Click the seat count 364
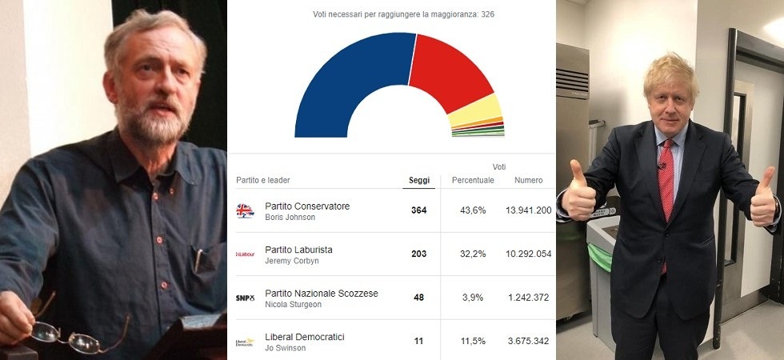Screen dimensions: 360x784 tap(419, 210)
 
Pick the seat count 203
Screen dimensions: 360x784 tap(419, 254)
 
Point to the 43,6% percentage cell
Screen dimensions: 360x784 tap(473, 210)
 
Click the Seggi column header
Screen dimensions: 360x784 tap(419, 180)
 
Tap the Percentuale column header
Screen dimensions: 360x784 tap(473, 180)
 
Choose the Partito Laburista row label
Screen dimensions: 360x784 tap(298, 250)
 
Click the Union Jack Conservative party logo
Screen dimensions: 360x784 tap(245, 211)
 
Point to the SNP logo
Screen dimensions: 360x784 tap(245, 298)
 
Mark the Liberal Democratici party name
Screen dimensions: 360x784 tap(304, 337)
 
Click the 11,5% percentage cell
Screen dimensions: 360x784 tap(473, 342)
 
